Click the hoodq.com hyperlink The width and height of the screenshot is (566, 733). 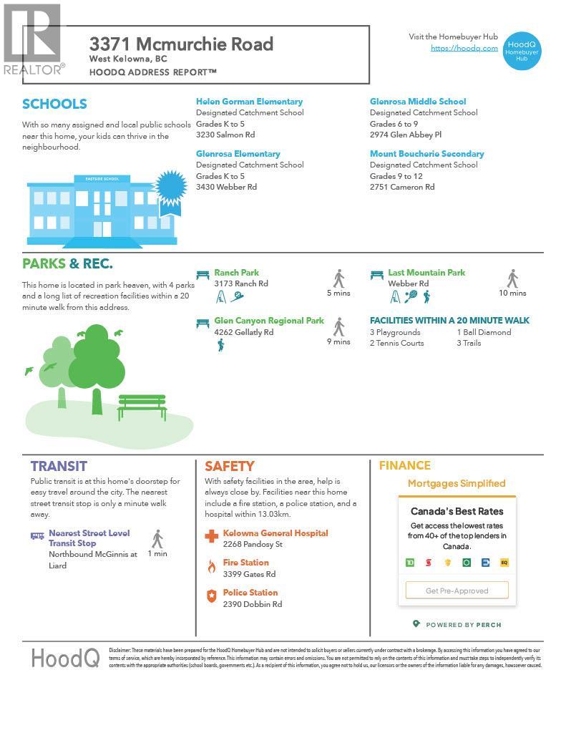[464, 48]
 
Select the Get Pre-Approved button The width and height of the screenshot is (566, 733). [457, 591]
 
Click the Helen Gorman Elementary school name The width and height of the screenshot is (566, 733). [249, 102]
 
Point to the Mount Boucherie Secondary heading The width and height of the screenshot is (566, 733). [426, 154]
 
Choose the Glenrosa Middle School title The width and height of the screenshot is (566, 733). [417, 102]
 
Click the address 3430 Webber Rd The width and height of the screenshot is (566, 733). [226, 187]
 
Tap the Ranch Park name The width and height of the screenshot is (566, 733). [236, 273]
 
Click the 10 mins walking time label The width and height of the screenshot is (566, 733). [512, 293]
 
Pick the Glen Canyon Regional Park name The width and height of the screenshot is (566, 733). [268, 321]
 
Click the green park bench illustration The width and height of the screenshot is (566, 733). [142, 407]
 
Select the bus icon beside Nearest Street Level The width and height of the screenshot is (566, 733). [37, 535]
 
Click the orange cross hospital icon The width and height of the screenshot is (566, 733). [211, 536]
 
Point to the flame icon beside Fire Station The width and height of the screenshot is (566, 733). [211, 567]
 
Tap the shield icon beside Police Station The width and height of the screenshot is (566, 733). [211, 596]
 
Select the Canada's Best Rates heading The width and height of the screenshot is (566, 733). [457, 511]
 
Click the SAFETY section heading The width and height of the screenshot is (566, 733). [229, 466]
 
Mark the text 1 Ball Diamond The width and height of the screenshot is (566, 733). [484, 332]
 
